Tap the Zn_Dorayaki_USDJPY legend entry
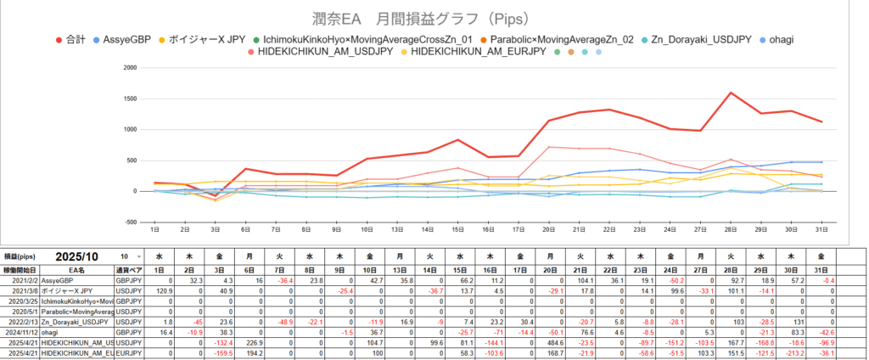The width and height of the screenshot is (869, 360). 716,40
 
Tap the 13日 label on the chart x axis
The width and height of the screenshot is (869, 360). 397,229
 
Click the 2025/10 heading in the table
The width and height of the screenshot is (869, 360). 79,256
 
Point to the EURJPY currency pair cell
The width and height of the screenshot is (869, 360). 128,353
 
